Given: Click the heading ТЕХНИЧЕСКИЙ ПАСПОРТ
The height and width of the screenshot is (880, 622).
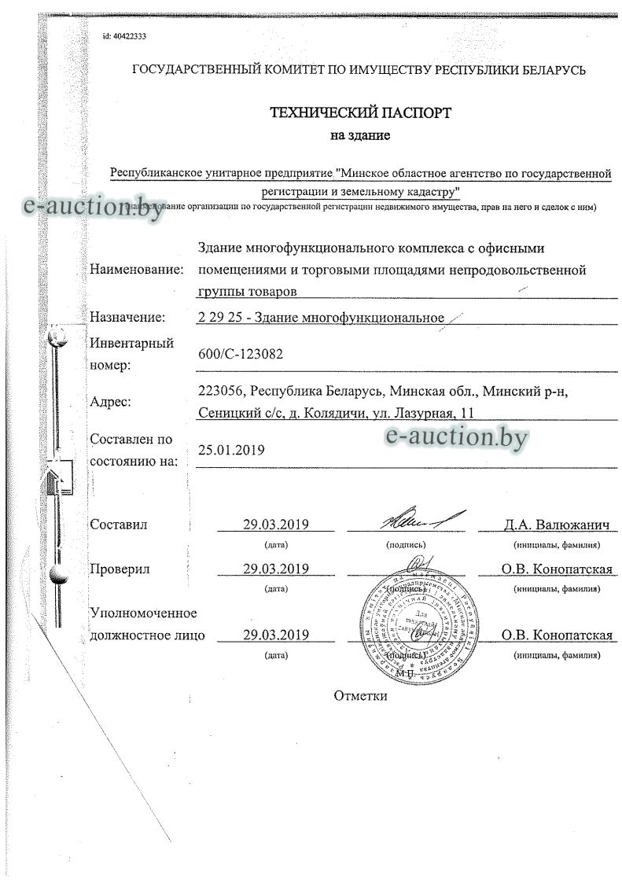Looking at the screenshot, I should [x=360, y=112].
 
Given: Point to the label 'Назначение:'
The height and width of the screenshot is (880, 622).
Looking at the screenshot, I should [x=127, y=317].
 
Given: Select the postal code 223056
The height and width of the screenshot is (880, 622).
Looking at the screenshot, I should [x=223, y=391].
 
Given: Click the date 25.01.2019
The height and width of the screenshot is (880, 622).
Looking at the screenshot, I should [x=231, y=450].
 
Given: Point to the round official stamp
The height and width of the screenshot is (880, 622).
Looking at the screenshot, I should [x=414, y=613].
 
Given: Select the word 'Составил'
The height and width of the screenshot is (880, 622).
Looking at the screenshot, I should [x=119, y=525].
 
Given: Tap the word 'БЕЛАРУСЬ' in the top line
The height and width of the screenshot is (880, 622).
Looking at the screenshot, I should [x=552, y=70].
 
